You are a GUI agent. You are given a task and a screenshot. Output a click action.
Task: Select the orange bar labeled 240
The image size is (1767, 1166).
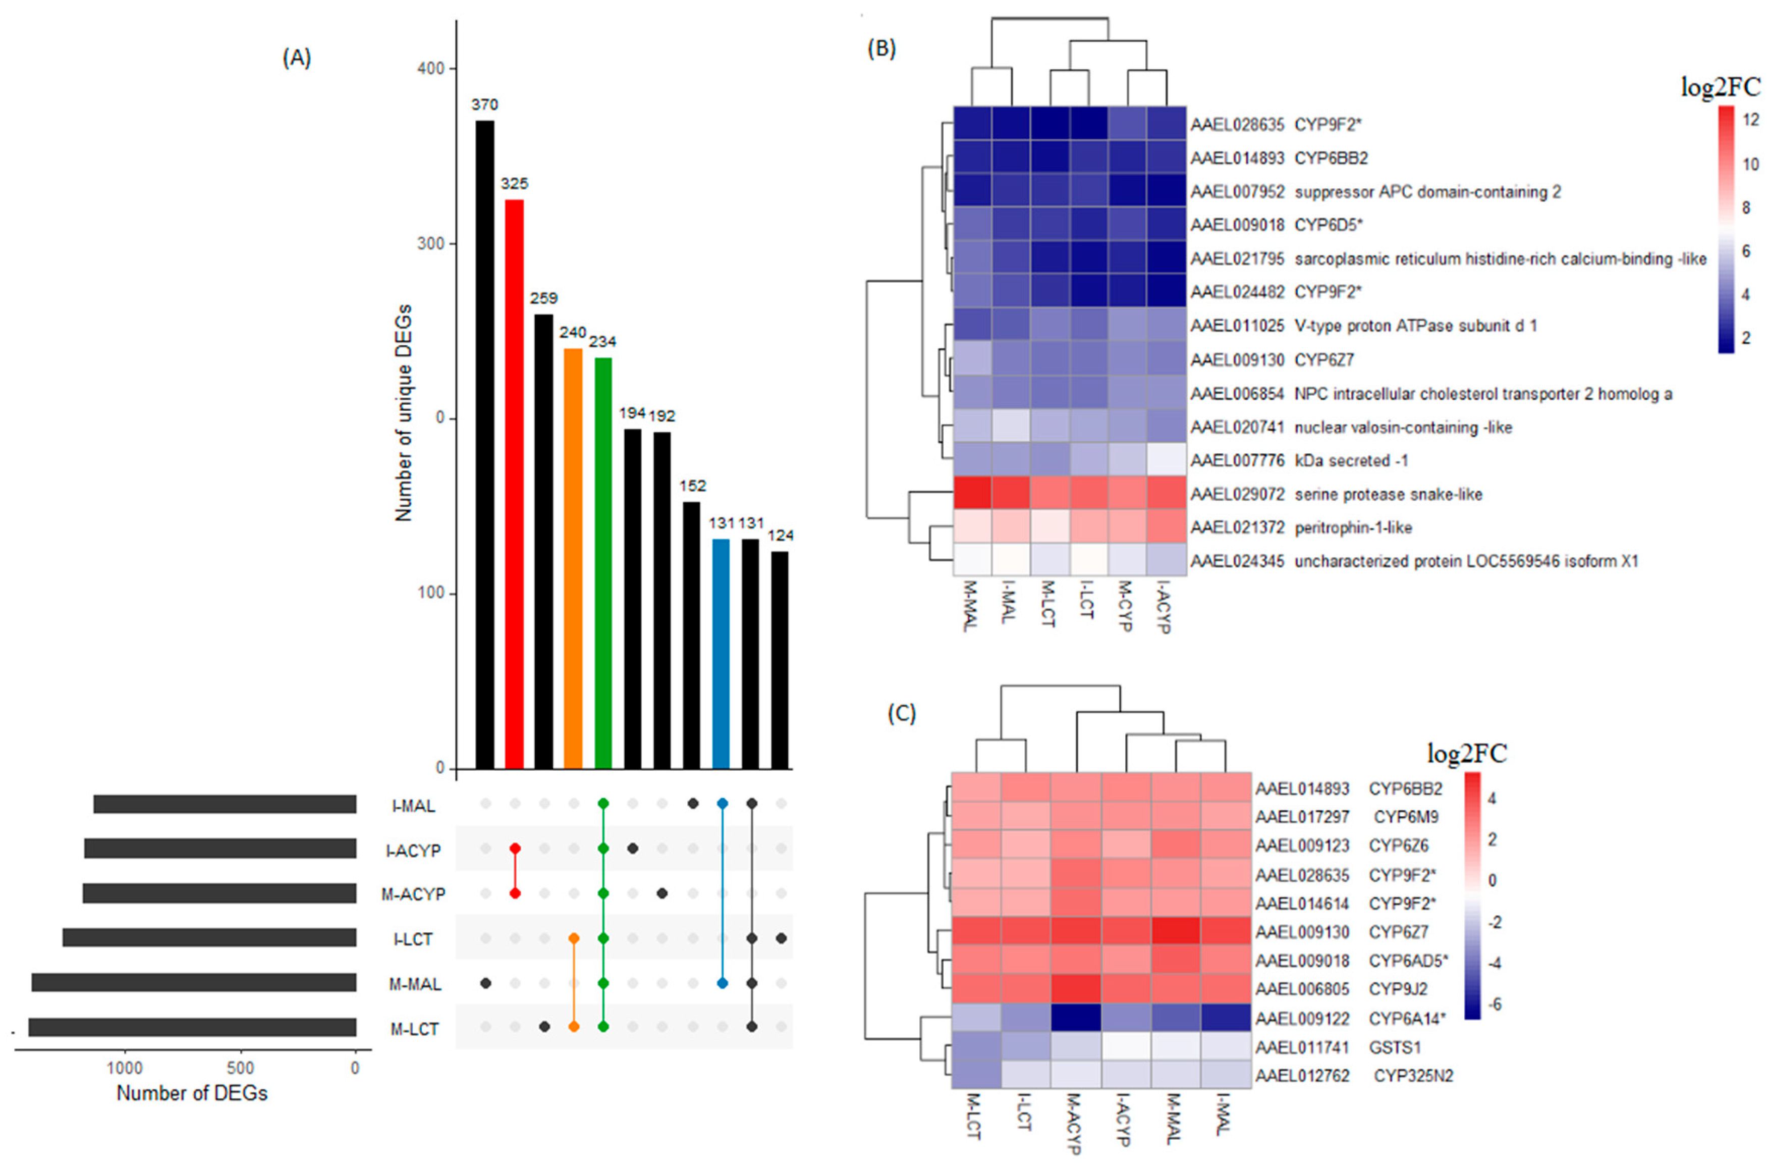573,558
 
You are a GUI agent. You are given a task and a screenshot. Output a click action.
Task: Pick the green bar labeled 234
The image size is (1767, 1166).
603,563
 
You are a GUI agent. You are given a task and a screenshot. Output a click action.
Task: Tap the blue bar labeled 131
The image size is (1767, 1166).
721,654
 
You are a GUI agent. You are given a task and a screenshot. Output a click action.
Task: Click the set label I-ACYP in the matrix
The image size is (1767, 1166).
413,851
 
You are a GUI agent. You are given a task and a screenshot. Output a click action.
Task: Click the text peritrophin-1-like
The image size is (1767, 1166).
1353,528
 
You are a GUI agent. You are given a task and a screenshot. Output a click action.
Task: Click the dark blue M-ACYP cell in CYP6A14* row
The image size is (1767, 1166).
1076,1018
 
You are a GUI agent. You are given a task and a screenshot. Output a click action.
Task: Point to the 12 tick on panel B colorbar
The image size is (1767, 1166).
1751,120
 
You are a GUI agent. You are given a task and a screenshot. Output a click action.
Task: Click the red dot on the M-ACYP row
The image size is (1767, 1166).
515,893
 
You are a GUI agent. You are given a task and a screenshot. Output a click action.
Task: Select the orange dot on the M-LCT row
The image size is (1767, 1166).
573,1027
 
